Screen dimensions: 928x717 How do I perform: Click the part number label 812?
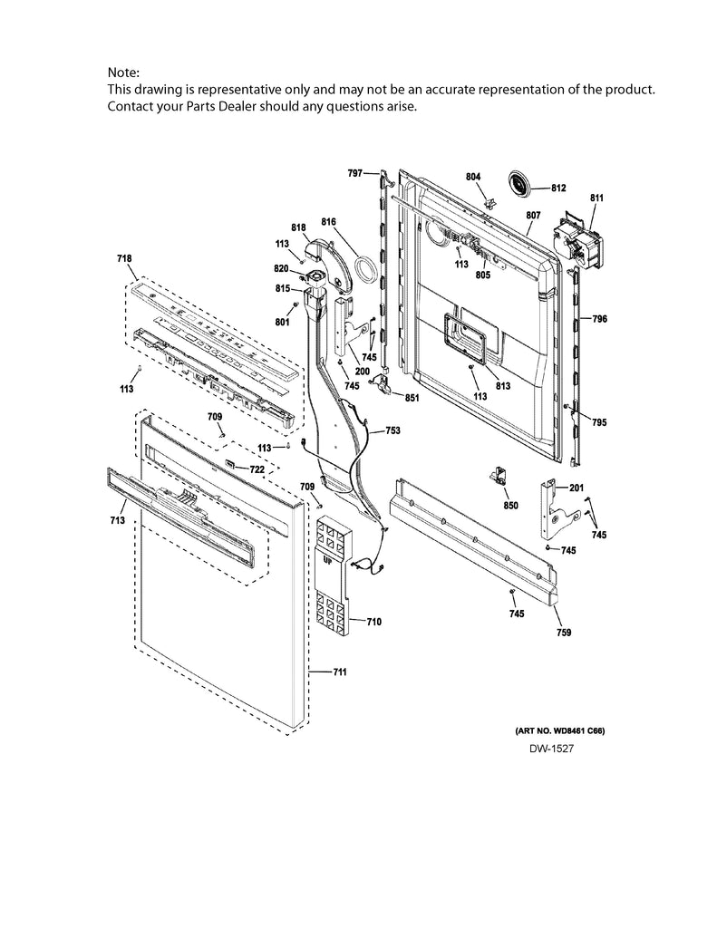(557, 188)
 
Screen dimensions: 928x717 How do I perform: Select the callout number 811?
(596, 198)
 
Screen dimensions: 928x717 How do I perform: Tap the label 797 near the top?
(354, 172)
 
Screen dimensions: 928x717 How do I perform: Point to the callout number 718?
(124, 259)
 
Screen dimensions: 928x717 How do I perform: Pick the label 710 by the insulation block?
(373, 622)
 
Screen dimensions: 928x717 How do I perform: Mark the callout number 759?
(563, 633)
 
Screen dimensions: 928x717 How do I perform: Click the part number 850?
(510, 505)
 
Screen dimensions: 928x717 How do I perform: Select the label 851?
(411, 397)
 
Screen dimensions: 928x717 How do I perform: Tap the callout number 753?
(392, 431)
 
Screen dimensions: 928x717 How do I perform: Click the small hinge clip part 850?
(498, 477)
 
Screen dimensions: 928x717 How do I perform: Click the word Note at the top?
(125, 72)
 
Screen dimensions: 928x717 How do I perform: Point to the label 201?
(577, 488)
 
